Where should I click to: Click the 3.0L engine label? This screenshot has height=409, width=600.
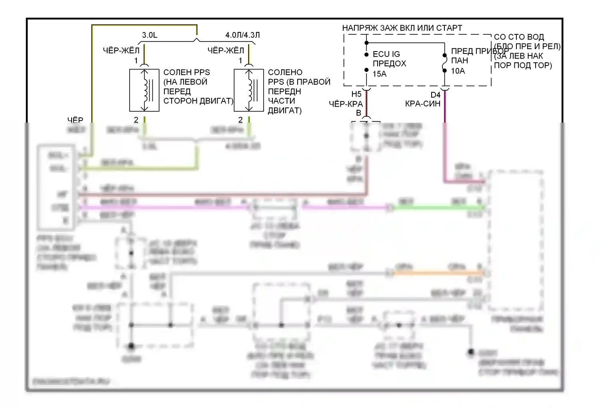coord(150,35)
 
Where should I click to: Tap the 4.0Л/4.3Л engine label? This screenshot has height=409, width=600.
coord(242,35)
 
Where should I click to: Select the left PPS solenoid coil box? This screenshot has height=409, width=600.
coord(144,90)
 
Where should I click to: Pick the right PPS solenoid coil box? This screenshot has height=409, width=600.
coord(249,90)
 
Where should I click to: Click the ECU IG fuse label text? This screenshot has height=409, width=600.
coord(386,54)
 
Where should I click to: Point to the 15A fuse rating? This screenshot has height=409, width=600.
coord(380,74)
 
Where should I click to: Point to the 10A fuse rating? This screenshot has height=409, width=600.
coord(458,71)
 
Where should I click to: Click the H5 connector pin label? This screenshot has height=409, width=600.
coord(356,95)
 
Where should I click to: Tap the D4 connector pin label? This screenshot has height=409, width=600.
coord(435,95)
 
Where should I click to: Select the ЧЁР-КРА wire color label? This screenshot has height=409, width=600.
coord(346,104)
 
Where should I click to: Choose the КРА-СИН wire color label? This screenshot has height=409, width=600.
coord(422,104)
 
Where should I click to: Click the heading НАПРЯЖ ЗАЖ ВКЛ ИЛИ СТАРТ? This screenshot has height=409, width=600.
coord(402,28)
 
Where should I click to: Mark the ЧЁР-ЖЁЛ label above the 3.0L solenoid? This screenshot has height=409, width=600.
coord(121,50)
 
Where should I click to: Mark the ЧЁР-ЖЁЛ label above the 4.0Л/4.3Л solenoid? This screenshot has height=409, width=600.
coord(226,50)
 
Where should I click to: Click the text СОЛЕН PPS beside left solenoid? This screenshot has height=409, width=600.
coord(186,72)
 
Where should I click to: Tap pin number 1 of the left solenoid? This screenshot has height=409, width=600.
coord(136,61)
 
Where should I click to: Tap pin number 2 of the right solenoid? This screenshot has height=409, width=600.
coord(240,120)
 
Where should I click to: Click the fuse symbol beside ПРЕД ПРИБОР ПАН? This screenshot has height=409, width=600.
coord(444,63)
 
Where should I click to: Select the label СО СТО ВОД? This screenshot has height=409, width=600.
coord(519,37)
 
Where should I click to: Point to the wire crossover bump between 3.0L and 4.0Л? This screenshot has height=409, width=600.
coord(196,39)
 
